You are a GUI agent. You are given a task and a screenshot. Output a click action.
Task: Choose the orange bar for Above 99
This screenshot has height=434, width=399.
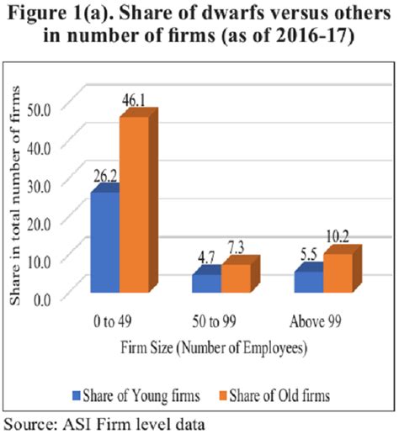(x=338, y=273)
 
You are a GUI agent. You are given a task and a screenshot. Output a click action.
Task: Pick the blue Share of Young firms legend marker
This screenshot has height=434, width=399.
(x=80, y=392)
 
